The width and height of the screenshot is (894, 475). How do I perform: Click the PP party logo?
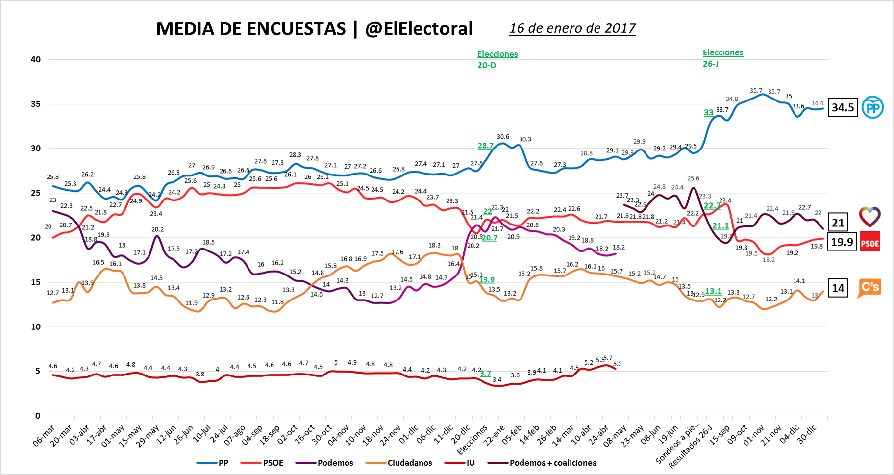[x=872, y=107]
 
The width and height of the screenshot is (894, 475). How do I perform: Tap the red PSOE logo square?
[x=870, y=242]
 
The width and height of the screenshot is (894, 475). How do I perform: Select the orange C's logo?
[x=869, y=287]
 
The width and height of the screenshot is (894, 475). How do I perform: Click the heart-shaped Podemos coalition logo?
[x=870, y=216]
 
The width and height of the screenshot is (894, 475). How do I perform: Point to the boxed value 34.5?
[x=843, y=107]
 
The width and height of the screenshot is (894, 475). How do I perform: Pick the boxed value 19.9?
[x=842, y=242]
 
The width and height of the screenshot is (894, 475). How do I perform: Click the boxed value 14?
[x=838, y=288]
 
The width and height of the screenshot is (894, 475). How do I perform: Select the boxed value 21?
[x=838, y=223]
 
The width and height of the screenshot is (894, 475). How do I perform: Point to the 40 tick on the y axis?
[x=36, y=59]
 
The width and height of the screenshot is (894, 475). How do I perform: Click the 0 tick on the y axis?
[x=38, y=416]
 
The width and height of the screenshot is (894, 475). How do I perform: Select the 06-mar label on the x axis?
[x=44, y=435]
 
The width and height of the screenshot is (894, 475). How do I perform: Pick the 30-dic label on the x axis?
[x=807, y=434]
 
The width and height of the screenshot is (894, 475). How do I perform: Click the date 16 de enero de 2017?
[x=572, y=28]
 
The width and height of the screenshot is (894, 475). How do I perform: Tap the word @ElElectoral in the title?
[x=419, y=29]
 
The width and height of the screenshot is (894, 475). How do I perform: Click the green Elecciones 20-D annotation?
[x=497, y=59]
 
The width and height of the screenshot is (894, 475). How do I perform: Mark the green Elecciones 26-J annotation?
[x=722, y=58]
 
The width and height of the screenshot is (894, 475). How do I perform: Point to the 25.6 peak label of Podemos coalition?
[x=693, y=179]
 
